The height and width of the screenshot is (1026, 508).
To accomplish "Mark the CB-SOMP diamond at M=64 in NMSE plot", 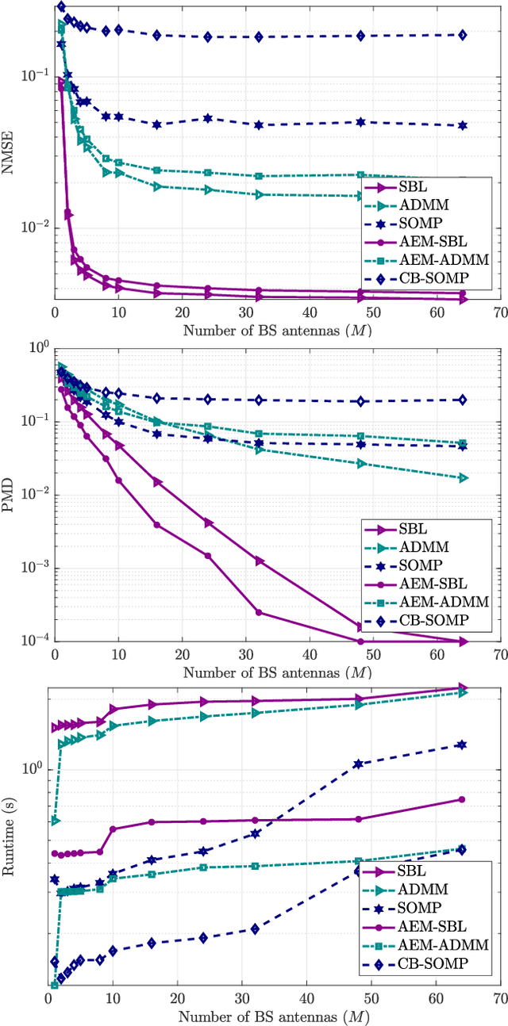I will coord(462,35).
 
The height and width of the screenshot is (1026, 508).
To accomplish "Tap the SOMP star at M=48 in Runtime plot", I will coord(358,764).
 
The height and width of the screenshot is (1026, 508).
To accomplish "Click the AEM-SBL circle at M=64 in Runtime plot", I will coord(462,799).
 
